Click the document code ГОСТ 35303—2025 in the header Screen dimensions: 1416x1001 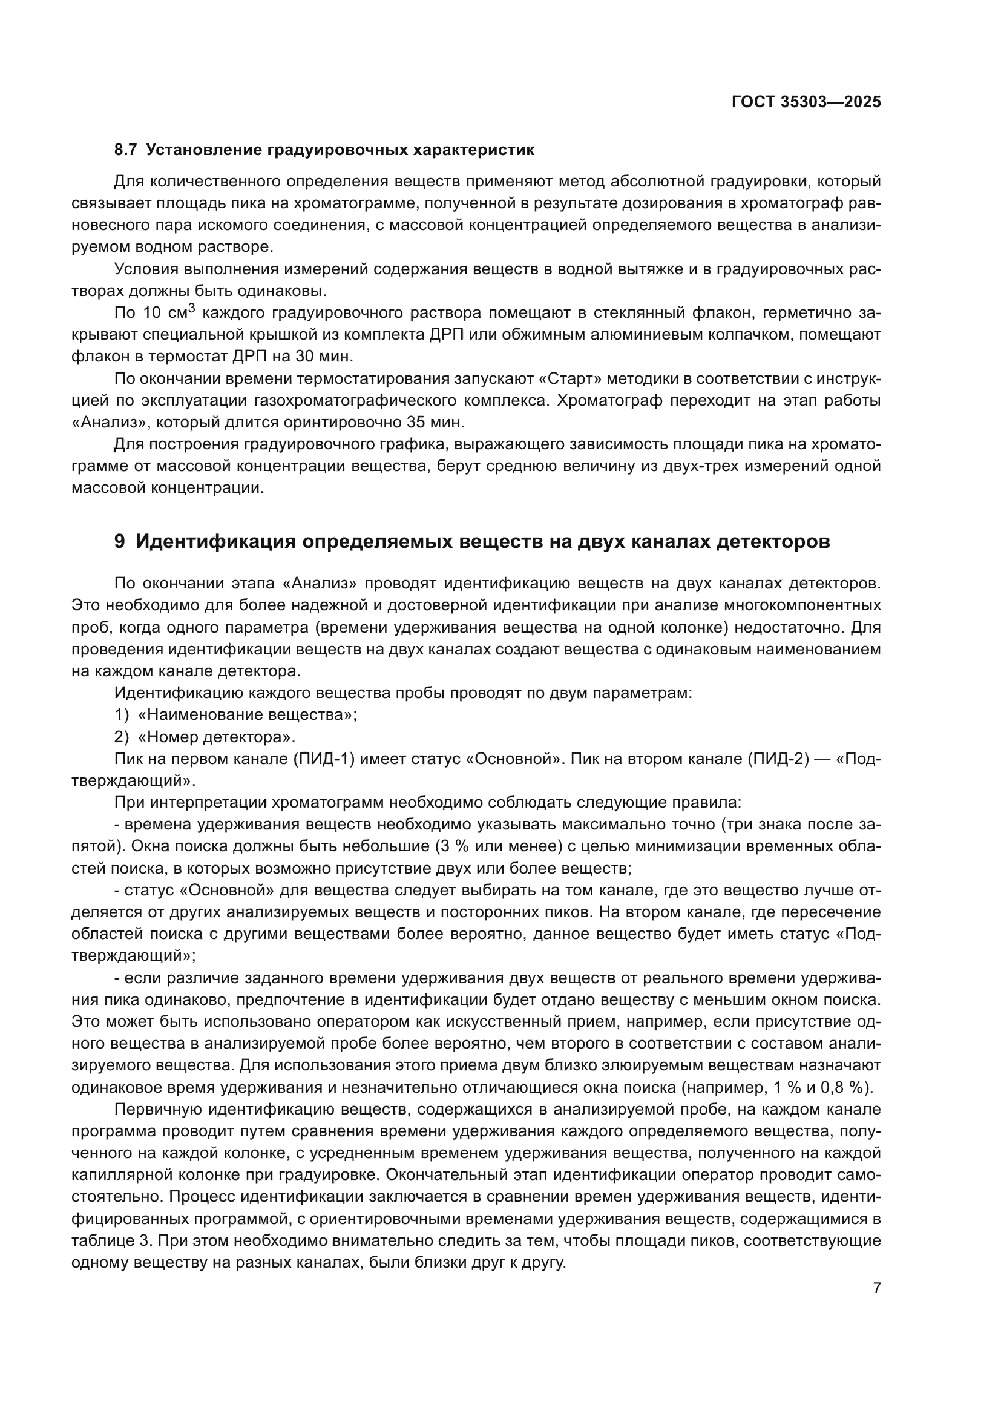806,102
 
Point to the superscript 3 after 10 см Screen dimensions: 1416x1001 191,308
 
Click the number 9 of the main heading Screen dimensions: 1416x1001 120,541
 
